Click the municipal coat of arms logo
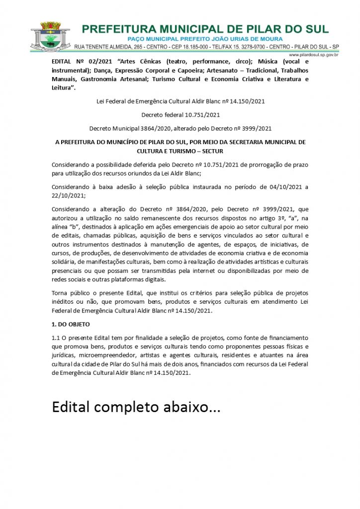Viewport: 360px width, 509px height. (50, 36)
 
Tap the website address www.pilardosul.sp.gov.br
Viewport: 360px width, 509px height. (313, 55)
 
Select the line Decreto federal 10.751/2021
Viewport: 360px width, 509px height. (180, 115)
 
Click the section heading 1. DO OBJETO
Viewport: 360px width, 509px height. (71, 324)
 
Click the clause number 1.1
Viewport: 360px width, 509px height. (56, 338)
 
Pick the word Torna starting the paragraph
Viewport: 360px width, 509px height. (60, 293)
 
